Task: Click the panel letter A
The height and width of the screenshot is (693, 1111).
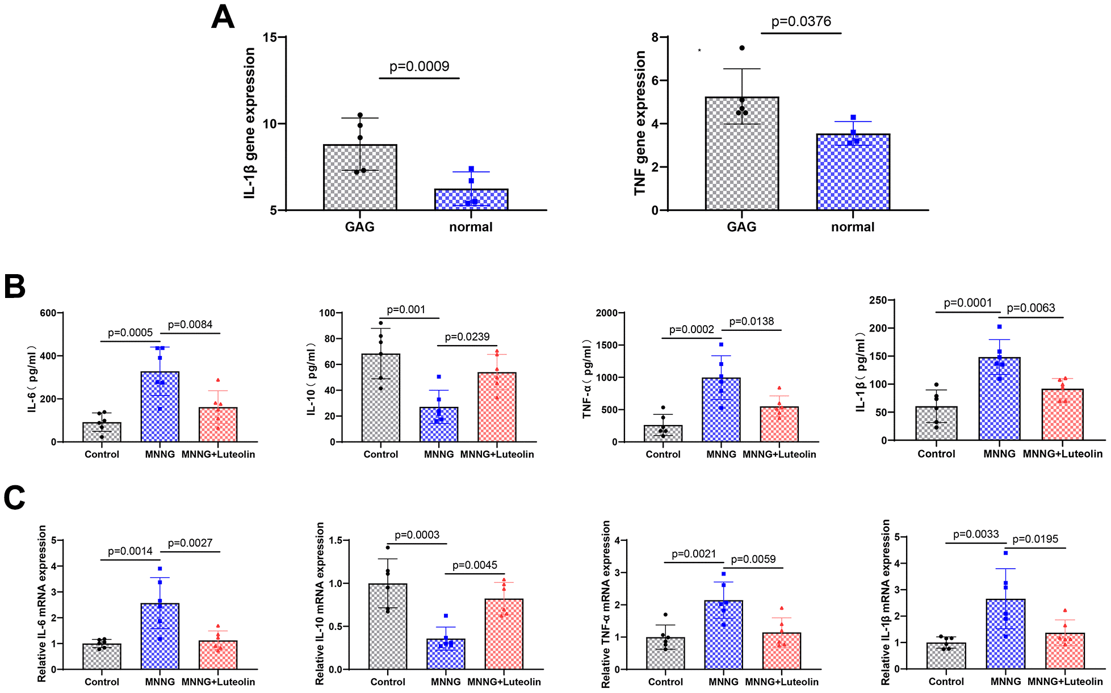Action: pyautogui.click(x=223, y=17)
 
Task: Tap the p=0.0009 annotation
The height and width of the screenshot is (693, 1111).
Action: pyautogui.click(x=419, y=66)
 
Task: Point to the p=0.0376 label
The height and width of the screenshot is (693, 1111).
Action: pyautogui.click(x=801, y=22)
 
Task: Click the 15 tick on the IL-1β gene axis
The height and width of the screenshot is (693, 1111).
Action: pyautogui.click(x=270, y=37)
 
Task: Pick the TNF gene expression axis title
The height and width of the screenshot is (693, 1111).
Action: pyautogui.click(x=640, y=123)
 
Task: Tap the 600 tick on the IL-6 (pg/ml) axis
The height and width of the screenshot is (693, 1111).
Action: pyautogui.click(x=48, y=313)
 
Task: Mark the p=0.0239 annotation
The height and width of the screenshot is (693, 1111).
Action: pyautogui.click(x=467, y=337)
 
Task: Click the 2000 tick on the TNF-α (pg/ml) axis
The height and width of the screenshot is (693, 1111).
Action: pyautogui.click(x=606, y=313)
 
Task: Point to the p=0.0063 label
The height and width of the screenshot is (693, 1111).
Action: pyautogui.click(x=1030, y=308)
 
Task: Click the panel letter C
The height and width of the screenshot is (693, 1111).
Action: pyautogui.click(x=14, y=498)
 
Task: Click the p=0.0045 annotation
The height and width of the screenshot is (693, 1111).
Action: pyautogui.click(x=475, y=565)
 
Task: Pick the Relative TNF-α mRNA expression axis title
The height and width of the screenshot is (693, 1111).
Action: pyautogui.click(x=606, y=604)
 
